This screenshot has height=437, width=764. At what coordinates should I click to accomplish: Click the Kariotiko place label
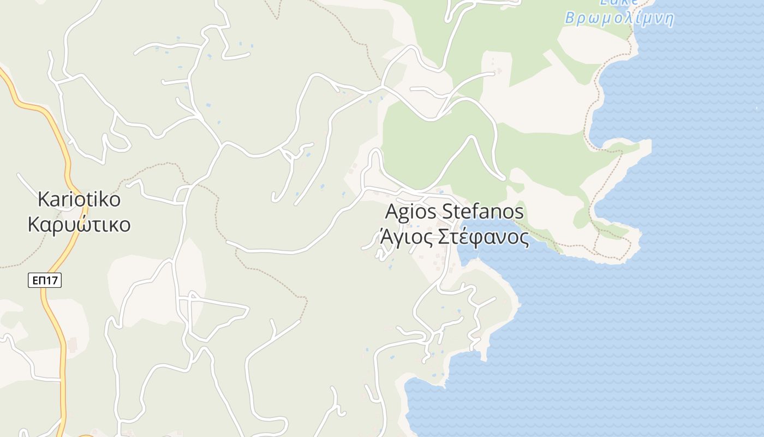[x=79, y=199]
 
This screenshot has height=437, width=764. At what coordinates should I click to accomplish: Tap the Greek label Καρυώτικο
[x=79, y=224]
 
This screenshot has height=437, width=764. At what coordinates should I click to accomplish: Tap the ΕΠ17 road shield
[x=45, y=281]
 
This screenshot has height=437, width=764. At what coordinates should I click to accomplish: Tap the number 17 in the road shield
[x=52, y=281]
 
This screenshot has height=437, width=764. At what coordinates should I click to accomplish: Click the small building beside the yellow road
[x=73, y=345]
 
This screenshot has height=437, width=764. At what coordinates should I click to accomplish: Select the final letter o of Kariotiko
[x=115, y=200]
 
